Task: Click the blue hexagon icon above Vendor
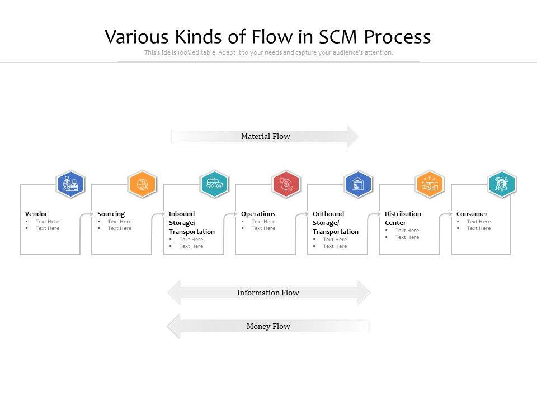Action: click(x=70, y=184)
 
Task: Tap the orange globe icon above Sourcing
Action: click(x=142, y=184)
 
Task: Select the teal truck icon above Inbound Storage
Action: click(x=214, y=184)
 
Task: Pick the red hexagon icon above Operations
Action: click(x=286, y=184)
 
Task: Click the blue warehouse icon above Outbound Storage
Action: click(x=358, y=184)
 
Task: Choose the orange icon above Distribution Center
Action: click(x=430, y=184)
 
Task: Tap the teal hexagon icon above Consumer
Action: click(x=502, y=184)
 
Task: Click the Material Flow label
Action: click(x=266, y=136)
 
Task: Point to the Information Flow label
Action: click(x=268, y=293)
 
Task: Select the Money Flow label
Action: click(x=268, y=326)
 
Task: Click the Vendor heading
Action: click(x=36, y=214)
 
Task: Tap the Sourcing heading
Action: click(x=111, y=214)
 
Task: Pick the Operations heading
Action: click(x=258, y=214)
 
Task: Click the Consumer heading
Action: click(x=472, y=214)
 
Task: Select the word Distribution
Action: click(x=403, y=214)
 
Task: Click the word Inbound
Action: click(x=182, y=214)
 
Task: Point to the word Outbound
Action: click(x=328, y=214)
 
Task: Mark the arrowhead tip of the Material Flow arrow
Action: click(x=358, y=136)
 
